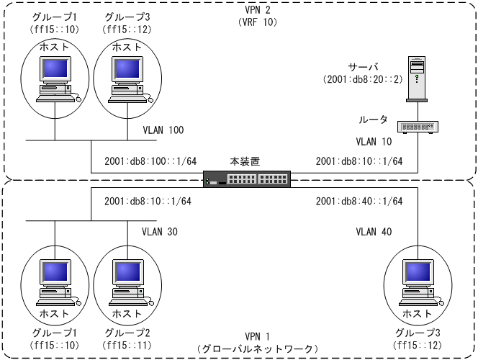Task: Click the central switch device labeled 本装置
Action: click(247, 179)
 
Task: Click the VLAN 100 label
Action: click(163, 130)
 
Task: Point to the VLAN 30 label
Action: click(160, 232)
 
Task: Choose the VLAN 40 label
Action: click(374, 232)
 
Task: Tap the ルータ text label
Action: click(373, 119)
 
